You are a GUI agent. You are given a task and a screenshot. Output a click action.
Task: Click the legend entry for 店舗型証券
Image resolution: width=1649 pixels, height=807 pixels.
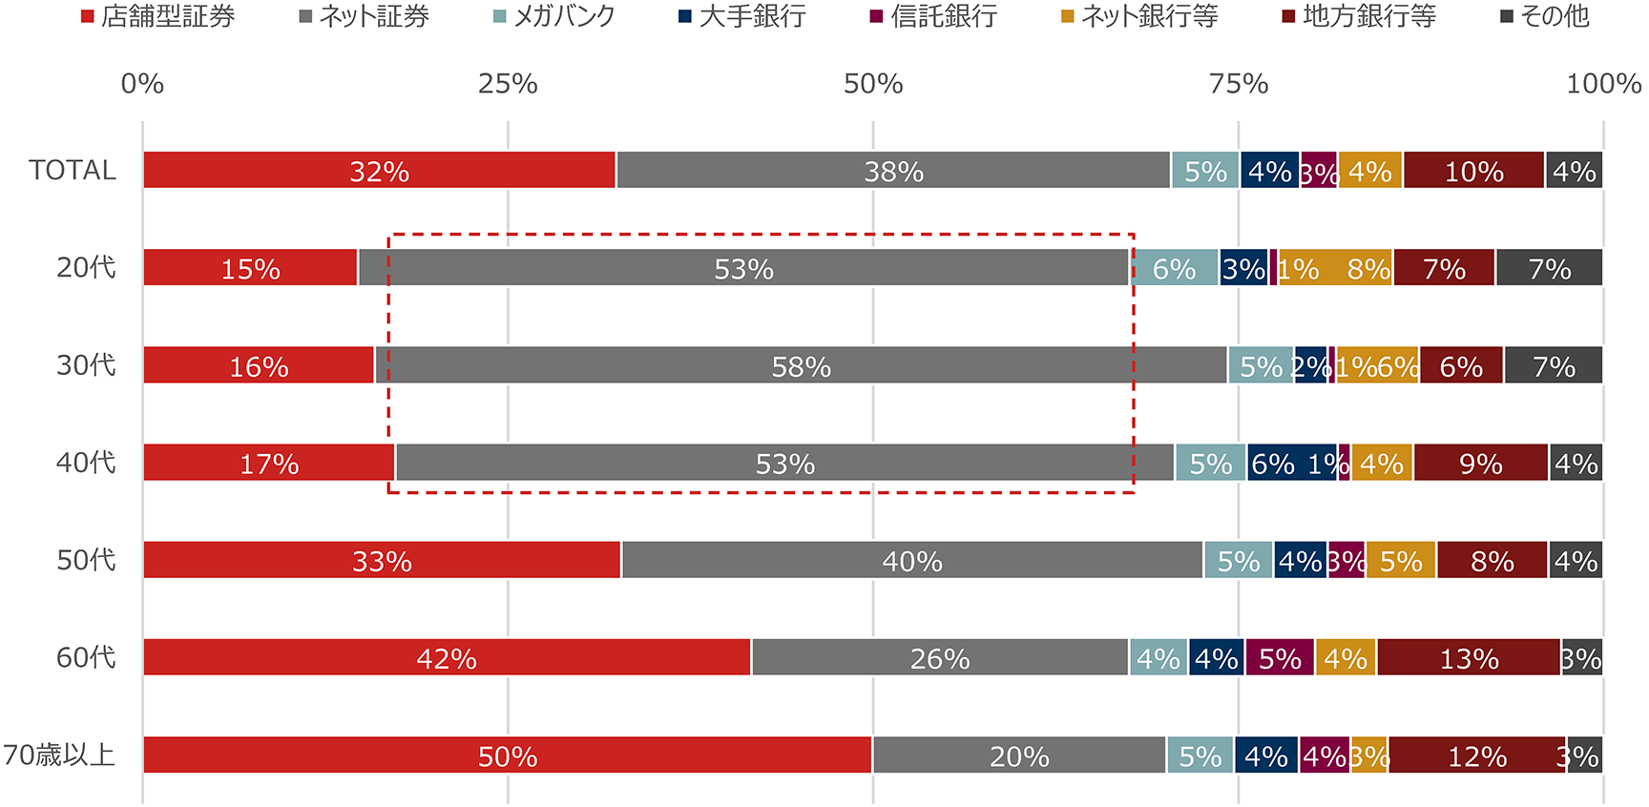coord(157,16)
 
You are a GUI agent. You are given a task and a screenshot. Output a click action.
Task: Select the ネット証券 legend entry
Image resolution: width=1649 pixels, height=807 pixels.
coord(364,16)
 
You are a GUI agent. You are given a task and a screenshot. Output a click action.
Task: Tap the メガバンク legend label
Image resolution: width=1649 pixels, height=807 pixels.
coord(554,16)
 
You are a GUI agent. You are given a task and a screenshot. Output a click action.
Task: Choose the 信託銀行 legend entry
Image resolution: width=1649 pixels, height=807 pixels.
coord(933,16)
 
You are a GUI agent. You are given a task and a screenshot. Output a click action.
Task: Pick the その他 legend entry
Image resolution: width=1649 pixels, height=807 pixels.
coord(1545,16)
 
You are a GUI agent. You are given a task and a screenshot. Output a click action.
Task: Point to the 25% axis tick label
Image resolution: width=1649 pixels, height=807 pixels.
coord(508,84)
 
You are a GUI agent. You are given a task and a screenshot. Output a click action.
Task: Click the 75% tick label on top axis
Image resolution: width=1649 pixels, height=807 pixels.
coord(1239,84)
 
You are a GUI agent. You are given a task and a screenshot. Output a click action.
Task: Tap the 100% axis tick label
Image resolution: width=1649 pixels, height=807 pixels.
coord(1603,84)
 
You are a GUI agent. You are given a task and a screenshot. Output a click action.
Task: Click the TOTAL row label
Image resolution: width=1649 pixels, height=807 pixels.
coord(73,170)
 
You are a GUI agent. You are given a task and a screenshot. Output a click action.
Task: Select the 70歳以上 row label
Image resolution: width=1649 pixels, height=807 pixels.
coord(59,755)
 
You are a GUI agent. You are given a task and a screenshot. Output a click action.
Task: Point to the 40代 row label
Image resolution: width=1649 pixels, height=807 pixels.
coord(86,463)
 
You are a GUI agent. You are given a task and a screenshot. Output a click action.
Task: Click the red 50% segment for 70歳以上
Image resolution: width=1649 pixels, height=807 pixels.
coord(508,755)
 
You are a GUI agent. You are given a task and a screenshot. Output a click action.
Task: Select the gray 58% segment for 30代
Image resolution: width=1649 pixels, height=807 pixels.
coord(802,365)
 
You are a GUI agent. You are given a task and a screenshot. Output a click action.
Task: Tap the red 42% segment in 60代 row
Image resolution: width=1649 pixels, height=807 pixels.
coord(447,657)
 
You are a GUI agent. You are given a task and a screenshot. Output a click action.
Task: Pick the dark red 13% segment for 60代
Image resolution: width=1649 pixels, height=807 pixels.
coord(1469,657)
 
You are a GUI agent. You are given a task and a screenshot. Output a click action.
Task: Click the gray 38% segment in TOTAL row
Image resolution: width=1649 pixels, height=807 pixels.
coord(893,170)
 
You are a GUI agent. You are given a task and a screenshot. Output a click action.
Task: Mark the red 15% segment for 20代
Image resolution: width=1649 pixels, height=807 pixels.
coord(250,268)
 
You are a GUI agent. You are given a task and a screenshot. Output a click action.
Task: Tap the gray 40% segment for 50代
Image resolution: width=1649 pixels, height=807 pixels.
coord(912,560)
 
